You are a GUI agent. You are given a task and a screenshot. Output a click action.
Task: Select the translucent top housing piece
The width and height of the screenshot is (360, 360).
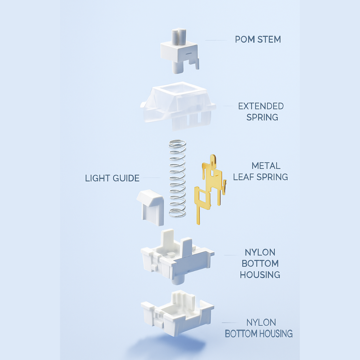[178, 105]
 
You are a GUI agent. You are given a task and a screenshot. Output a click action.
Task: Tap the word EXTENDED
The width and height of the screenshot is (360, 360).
[261, 106]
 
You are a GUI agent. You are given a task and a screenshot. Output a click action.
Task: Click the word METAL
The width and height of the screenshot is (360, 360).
[266, 166]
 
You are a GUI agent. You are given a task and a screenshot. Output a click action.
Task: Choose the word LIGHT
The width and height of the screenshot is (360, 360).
[97, 178]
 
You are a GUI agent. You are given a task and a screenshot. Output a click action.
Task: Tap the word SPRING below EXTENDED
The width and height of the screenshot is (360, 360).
[262, 117]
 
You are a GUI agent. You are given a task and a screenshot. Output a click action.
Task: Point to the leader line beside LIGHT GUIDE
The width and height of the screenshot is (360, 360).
[150, 178]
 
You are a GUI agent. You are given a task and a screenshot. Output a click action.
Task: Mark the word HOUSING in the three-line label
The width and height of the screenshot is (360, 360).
[260, 275]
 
